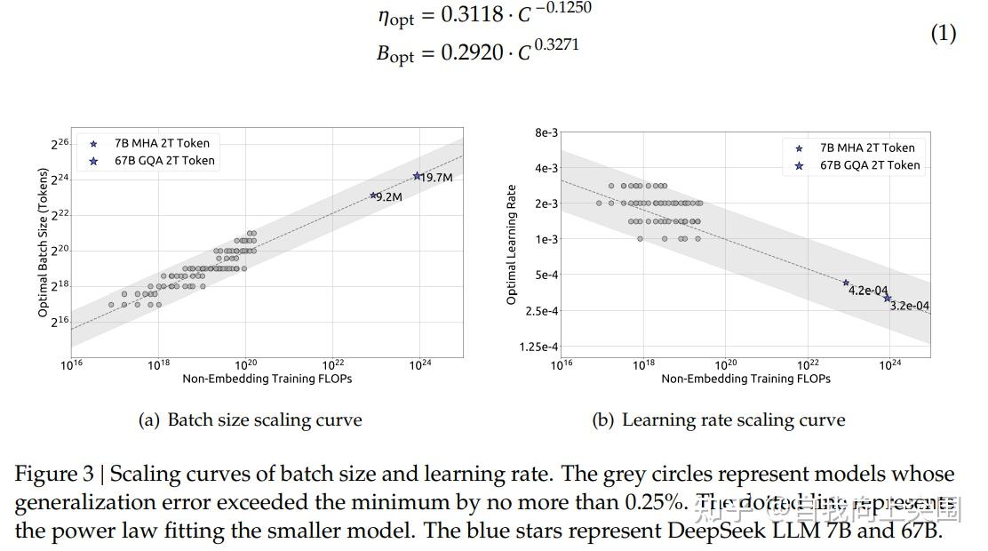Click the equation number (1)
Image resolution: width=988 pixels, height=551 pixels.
click(943, 34)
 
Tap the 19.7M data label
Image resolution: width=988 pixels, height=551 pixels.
click(436, 178)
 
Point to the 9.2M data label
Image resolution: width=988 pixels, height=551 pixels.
click(388, 197)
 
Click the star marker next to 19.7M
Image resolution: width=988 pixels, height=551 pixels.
click(417, 176)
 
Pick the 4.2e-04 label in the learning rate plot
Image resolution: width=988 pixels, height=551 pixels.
click(868, 291)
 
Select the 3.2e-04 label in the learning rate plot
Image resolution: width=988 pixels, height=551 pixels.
click(909, 307)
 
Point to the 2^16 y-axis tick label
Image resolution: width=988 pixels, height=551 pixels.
click(59, 322)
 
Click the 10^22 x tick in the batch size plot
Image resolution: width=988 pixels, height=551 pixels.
click(333, 364)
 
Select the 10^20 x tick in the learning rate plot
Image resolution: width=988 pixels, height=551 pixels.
click(726, 364)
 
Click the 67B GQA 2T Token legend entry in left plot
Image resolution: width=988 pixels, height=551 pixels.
click(164, 161)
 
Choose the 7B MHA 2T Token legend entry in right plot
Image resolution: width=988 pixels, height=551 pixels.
click(866, 148)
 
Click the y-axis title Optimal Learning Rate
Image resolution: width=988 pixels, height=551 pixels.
click(512, 244)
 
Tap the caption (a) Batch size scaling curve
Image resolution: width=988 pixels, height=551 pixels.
click(251, 420)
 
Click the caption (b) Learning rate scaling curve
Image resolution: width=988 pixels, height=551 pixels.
click(718, 420)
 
